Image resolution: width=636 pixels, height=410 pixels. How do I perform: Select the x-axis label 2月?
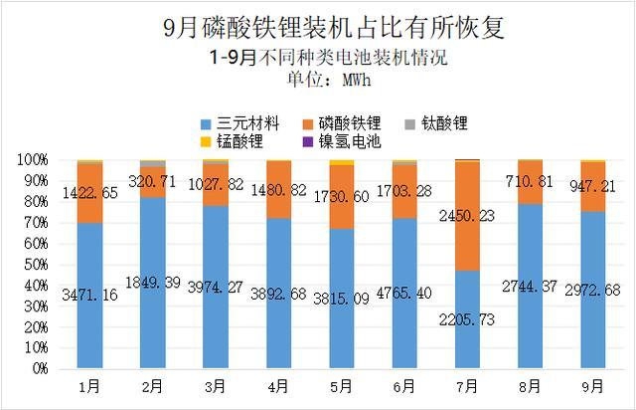pos(153,383)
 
